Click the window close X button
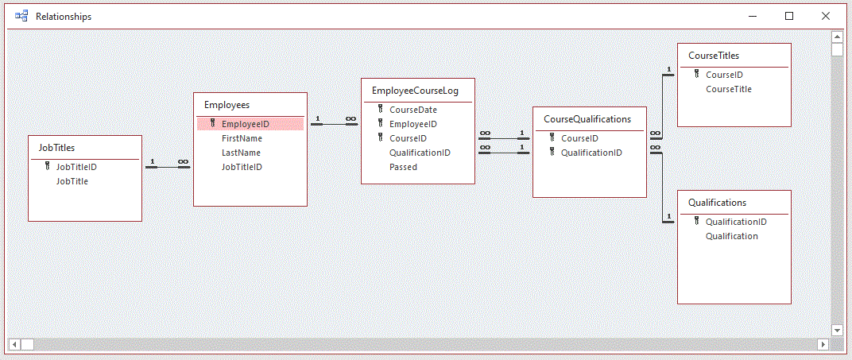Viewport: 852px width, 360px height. (826, 16)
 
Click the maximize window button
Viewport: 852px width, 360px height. (789, 16)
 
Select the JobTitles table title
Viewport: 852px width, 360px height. (56, 147)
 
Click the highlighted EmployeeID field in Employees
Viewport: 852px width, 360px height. (245, 124)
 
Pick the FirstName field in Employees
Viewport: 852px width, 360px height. (242, 138)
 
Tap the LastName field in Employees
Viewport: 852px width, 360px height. (241, 153)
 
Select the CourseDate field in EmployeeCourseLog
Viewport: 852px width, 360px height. (412, 110)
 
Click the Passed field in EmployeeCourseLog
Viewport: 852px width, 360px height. (403, 167)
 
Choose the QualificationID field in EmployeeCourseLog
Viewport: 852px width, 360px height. (420, 153)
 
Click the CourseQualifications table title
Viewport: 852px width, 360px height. (587, 118)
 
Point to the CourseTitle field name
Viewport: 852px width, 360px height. (728, 89)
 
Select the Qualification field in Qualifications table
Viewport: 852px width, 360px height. (731, 236)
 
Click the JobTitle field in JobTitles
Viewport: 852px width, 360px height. (72, 181)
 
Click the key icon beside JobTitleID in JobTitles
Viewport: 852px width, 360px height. (48, 167)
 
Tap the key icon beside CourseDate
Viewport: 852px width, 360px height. (381, 110)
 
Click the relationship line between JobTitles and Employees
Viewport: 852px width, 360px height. (168, 167)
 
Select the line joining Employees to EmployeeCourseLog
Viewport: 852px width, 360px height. (334, 124)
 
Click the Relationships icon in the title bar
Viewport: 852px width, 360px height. (21, 16)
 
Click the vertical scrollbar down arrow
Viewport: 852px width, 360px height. (837, 330)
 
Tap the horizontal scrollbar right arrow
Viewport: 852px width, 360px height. (823, 344)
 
